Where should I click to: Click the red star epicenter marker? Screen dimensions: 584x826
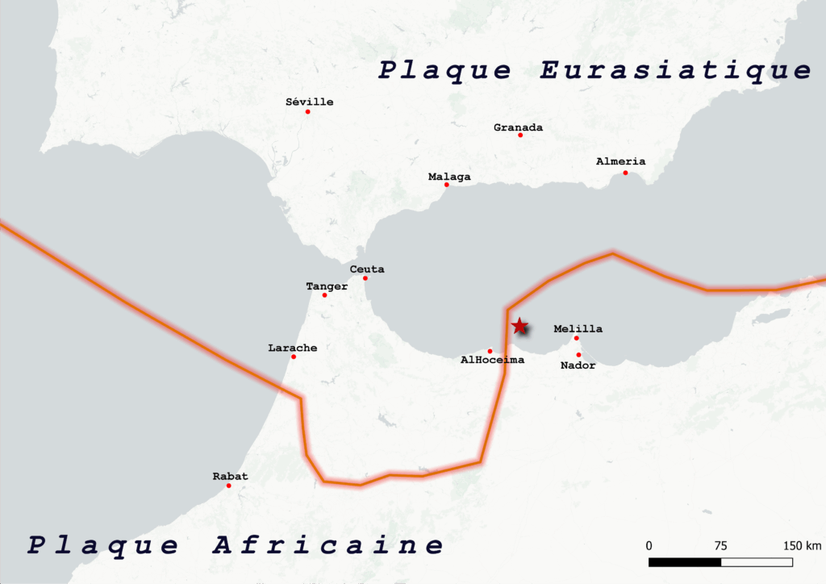(519, 326)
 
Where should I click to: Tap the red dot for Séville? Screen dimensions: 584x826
(307, 111)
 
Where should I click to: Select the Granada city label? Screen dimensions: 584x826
(518, 127)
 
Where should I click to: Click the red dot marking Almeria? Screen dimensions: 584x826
(625, 173)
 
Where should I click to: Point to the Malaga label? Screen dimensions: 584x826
(449, 177)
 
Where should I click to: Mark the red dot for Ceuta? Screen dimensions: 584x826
(365, 278)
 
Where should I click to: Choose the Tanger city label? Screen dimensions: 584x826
(327, 286)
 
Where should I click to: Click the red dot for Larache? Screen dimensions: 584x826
(294, 357)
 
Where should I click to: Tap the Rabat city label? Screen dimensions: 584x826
(230, 476)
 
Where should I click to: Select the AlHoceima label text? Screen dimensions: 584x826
(492, 360)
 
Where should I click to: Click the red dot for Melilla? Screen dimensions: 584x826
(576, 338)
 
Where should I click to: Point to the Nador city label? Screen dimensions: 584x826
(578, 365)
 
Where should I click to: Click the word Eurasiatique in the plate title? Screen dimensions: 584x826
(675, 70)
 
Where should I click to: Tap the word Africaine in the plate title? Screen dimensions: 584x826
(327, 545)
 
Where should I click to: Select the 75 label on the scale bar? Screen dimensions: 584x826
(720, 544)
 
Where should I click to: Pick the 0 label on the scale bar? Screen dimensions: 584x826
(649, 544)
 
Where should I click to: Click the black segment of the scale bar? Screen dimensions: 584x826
(685, 561)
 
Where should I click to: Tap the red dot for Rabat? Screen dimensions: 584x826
(229, 486)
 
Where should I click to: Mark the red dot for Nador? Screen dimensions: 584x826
(579, 355)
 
